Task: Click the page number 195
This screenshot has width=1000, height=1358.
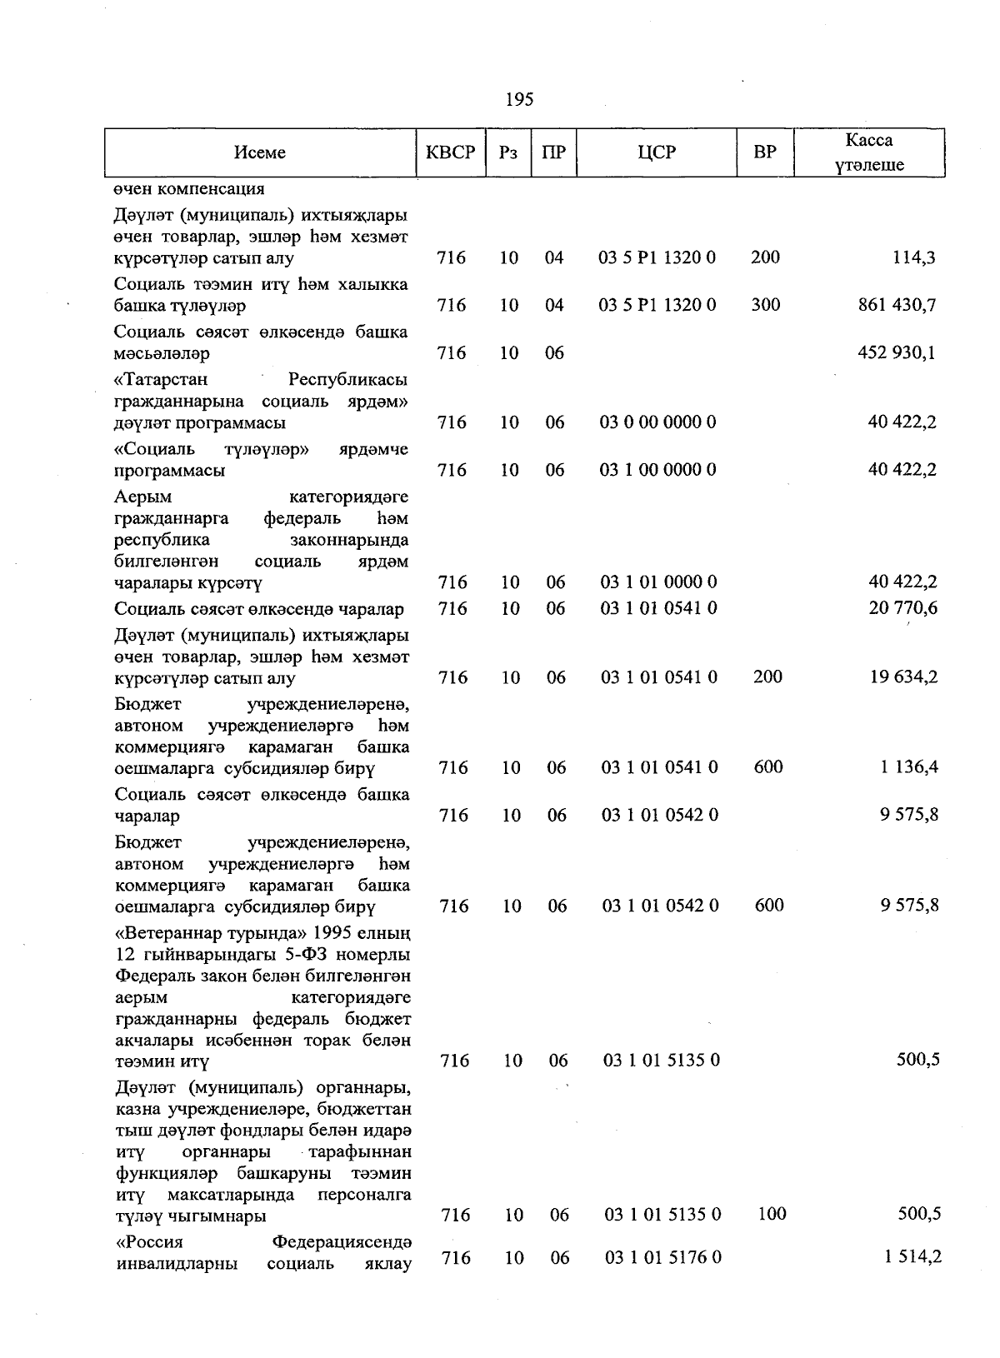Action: (x=519, y=100)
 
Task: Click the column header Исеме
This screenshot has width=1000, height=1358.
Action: (x=260, y=152)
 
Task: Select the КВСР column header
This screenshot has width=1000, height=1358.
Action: (x=450, y=152)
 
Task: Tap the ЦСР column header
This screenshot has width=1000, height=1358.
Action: (x=657, y=152)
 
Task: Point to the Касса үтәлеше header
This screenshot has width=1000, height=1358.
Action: (x=869, y=152)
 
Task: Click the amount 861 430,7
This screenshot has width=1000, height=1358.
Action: (x=897, y=305)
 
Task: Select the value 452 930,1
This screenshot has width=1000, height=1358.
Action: (x=897, y=352)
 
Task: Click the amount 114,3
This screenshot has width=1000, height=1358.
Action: (x=913, y=257)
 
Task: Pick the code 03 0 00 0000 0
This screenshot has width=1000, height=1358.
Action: (x=657, y=422)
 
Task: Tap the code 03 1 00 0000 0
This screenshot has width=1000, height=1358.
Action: (x=657, y=470)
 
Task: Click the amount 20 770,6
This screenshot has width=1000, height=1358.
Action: (x=902, y=608)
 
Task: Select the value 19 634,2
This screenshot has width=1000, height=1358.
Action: (x=903, y=677)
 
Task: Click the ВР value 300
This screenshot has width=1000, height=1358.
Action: (x=765, y=305)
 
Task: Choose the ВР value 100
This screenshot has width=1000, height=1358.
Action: (x=772, y=1214)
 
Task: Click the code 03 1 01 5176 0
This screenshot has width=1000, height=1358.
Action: (x=662, y=1257)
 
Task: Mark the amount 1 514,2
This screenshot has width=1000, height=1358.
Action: (x=912, y=1256)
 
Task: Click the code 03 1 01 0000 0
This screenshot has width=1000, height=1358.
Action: (x=658, y=582)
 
